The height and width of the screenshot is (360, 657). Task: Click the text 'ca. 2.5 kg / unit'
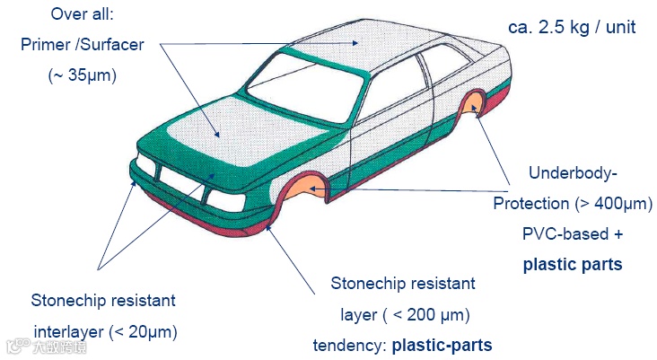coord(571,27)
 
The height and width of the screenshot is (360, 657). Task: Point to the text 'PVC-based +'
coord(573,234)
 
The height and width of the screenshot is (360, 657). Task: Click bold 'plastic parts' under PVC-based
coord(573,265)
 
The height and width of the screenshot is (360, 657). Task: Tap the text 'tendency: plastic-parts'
coord(402,345)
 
